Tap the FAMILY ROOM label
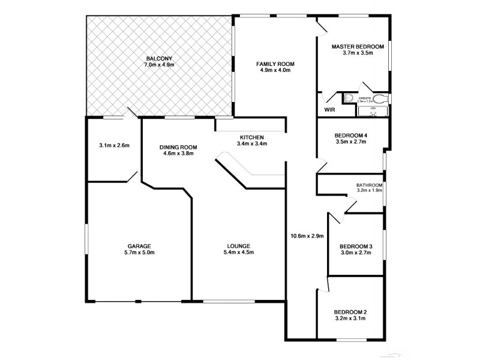275,64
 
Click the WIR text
329,110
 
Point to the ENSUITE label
364,97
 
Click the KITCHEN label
251,137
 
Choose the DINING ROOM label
178,147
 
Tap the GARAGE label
139,246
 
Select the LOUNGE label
238,246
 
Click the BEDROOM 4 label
350,136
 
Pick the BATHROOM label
369,185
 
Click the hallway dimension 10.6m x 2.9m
307,236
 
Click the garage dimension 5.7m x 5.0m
139,253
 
